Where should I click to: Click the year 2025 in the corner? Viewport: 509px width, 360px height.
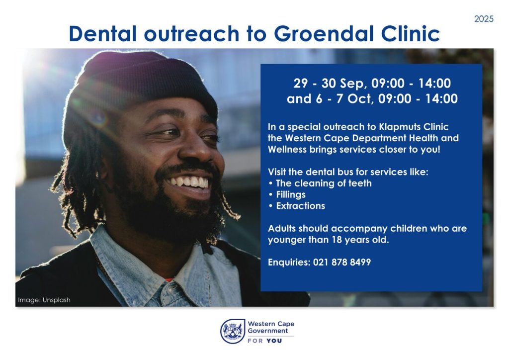point(484,19)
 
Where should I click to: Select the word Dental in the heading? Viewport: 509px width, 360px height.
point(103,33)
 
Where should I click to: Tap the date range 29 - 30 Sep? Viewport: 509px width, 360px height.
point(329,84)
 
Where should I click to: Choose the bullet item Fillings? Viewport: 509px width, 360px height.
point(290,195)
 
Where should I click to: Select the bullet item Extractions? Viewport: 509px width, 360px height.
point(300,206)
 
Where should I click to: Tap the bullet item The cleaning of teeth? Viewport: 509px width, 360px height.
point(324,183)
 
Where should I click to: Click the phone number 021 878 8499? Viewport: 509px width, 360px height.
point(342,262)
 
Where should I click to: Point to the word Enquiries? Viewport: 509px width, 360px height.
point(289,262)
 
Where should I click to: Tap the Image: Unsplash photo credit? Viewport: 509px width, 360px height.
point(44,300)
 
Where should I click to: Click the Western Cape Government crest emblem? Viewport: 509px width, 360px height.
point(233,331)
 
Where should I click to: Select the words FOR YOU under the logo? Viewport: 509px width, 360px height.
point(264,341)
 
